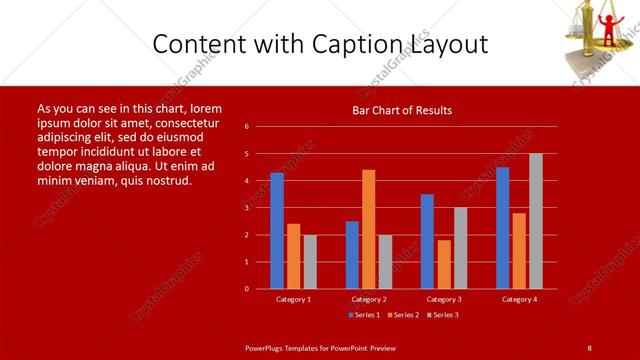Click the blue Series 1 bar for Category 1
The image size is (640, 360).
(x=277, y=231)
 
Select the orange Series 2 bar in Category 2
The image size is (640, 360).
(x=369, y=229)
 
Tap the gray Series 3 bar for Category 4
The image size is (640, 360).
(x=536, y=221)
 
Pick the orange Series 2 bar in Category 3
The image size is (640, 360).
(x=444, y=264)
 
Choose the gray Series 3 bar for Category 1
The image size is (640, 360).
(x=310, y=262)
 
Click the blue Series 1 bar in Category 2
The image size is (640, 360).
(x=352, y=255)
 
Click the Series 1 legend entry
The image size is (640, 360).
(x=363, y=315)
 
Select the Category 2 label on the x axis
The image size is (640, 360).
(x=369, y=299)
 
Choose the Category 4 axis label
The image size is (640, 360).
(x=519, y=299)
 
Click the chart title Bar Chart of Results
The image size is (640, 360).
(x=402, y=110)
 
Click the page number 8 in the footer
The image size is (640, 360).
(x=589, y=347)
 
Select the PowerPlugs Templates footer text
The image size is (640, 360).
(x=320, y=347)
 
